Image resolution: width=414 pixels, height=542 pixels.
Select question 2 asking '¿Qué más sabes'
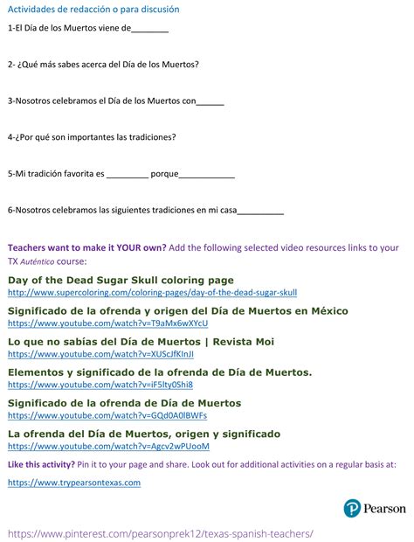coord(103,64)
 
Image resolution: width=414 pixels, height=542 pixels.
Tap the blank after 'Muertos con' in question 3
coord(210,102)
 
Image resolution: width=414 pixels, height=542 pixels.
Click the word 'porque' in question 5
coord(164,174)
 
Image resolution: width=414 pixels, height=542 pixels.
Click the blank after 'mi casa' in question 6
coord(261,212)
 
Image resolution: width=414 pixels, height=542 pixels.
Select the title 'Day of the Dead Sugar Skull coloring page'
coord(121,280)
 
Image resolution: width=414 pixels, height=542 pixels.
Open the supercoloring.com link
coord(152,293)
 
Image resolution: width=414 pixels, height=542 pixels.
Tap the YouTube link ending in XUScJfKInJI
coord(100,354)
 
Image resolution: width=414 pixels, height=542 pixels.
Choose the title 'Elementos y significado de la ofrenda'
coord(160,372)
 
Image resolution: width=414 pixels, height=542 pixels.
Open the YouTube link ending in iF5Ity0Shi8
coord(100,385)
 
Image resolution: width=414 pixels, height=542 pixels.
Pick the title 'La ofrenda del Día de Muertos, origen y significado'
coord(144,434)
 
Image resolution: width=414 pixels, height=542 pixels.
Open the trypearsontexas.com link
coord(74,483)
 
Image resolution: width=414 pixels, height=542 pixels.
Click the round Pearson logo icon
coord(352,508)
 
